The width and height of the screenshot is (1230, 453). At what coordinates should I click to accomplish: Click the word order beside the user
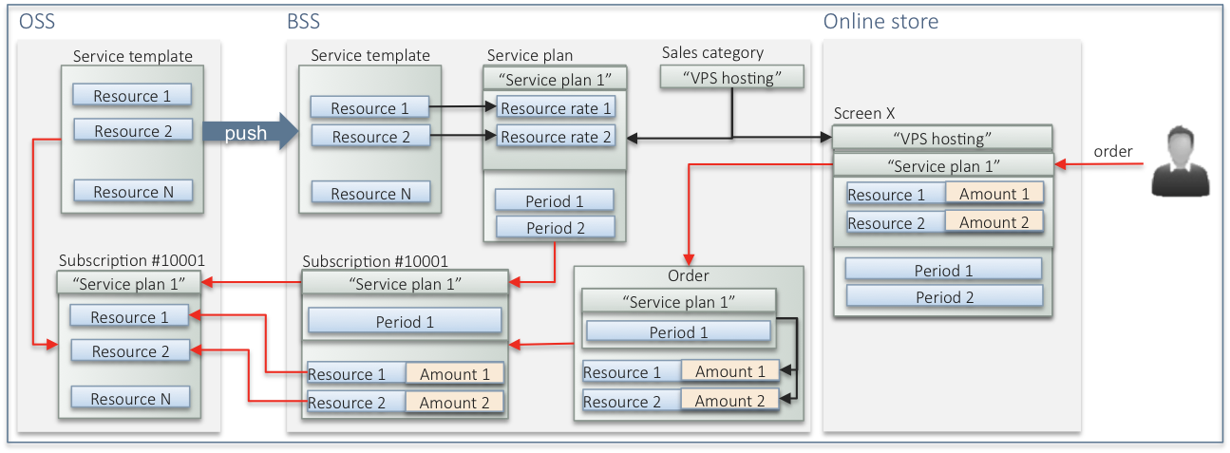coord(1113,151)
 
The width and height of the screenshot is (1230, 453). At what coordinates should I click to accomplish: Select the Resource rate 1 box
coord(556,108)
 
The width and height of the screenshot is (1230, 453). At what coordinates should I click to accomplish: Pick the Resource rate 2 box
coord(556,137)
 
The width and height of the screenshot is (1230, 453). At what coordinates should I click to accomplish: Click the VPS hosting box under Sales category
coord(731,78)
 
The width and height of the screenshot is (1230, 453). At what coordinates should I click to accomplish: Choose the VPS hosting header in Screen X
coord(942,139)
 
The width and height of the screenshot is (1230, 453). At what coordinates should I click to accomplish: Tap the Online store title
coord(880,22)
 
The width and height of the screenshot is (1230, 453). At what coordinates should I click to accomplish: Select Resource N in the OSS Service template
coord(133,192)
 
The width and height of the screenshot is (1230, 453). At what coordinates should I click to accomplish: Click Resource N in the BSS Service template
coord(370,194)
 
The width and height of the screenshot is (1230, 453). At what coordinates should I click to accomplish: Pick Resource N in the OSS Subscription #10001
coord(130,399)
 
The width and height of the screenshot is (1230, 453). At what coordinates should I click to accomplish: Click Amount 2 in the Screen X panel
coord(993,222)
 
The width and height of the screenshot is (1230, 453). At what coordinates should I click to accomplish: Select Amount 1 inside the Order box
coord(729,371)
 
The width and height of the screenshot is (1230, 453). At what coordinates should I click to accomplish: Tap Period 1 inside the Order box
coord(678,332)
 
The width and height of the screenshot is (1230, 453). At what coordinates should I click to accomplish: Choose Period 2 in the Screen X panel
coord(943,297)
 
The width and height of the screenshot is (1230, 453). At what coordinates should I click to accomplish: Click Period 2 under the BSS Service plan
coord(555,228)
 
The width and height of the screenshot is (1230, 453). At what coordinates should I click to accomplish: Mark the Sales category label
coord(712,53)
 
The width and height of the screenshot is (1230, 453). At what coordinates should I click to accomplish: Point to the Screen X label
coord(864,114)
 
